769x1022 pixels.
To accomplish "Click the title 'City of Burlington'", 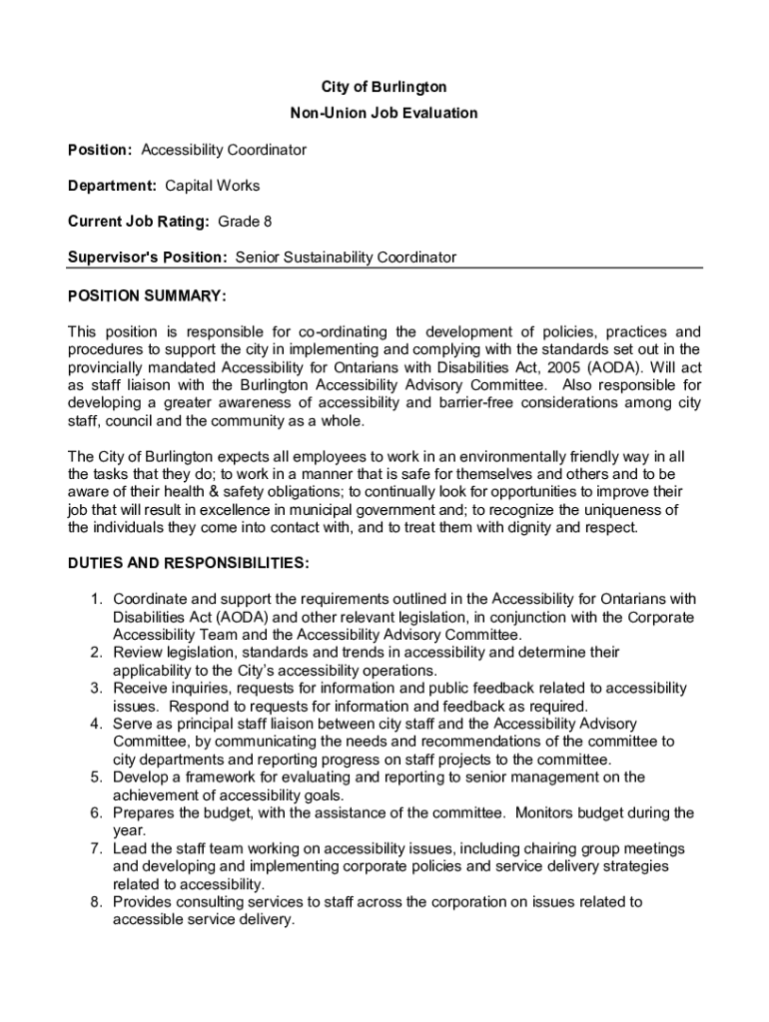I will click(384, 88).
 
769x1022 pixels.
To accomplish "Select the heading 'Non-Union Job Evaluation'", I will click(384, 113).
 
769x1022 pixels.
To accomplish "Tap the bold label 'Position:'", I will click(100, 150).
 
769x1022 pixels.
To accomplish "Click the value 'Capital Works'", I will click(212, 186).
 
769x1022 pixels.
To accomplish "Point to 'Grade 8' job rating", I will click(245, 222).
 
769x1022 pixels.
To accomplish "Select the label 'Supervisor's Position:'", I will click(148, 257).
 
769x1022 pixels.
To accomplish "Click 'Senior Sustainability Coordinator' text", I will click(346, 257).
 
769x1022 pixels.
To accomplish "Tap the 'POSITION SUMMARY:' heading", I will click(147, 295).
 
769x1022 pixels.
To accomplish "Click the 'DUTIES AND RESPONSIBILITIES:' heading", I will click(188, 563).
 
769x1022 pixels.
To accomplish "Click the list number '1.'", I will click(97, 599).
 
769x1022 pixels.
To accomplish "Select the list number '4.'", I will click(97, 724).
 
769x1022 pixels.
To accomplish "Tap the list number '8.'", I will click(97, 902).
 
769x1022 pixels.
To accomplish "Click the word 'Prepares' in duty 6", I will click(142, 813).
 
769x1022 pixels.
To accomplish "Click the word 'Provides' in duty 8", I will click(142, 902).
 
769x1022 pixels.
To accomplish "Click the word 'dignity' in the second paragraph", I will click(551, 527).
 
